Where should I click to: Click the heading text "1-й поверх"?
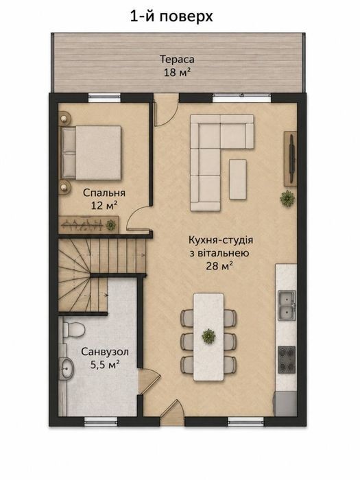point(171,16)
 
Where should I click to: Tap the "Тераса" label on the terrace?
point(177,59)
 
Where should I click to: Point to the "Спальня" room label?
point(104,193)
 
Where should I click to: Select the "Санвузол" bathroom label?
point(105,352)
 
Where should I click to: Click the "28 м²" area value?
point(219,266)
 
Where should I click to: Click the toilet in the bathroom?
point(73,329)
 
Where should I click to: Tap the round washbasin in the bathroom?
point(66,369)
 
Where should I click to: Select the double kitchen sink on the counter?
point(287,305)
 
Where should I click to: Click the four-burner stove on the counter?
point(287,360)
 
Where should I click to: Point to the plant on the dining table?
point(208,336)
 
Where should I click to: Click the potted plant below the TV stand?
point(287,197)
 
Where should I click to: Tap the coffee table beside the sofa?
point(238,180)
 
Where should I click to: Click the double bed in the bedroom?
point(91,153)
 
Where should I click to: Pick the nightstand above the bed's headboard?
point(65,118)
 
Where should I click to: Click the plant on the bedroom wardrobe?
point(110,226)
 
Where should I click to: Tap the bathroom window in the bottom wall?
point(101,421)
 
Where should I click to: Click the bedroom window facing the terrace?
point(104,97)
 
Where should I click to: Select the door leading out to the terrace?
point(166,110)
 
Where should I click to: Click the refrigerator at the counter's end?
point(286,404)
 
